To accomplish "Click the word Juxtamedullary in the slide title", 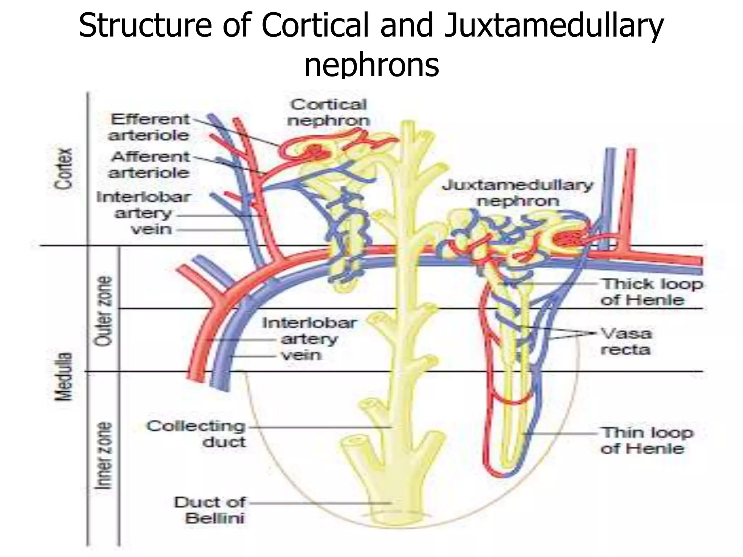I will [553, 26].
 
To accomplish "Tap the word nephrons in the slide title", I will [371, 65].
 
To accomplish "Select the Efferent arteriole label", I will [149, 127].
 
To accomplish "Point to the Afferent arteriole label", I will [149, 165].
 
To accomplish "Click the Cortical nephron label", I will [328, 112].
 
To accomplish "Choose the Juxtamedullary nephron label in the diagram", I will [518, 193].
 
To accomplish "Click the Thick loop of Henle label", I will [652, 292].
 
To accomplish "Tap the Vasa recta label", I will [626, 341].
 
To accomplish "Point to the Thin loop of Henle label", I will [647, 441].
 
